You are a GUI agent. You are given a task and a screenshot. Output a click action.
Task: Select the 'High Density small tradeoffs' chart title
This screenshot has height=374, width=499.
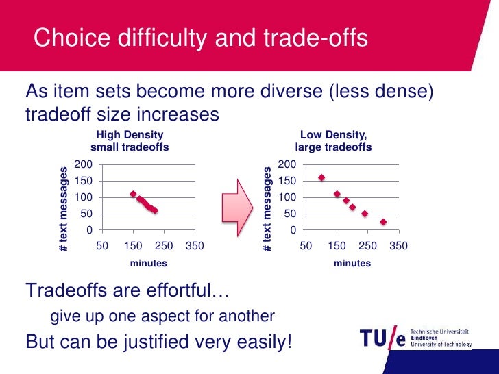130,141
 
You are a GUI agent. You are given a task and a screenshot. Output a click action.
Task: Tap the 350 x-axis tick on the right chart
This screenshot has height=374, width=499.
398,245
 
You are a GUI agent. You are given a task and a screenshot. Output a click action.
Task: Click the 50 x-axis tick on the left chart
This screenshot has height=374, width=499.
101,245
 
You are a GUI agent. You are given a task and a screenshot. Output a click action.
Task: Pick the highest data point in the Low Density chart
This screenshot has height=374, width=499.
321,177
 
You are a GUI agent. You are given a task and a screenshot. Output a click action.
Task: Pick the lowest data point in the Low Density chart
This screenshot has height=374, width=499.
383,222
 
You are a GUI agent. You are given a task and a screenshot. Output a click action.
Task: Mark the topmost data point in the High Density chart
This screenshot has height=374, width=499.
133,194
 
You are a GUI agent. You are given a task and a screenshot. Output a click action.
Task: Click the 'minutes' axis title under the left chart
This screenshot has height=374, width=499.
148,263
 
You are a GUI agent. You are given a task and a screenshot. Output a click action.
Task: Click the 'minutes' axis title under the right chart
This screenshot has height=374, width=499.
352,263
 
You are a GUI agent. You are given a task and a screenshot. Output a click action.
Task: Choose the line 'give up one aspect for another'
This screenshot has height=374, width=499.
162,316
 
